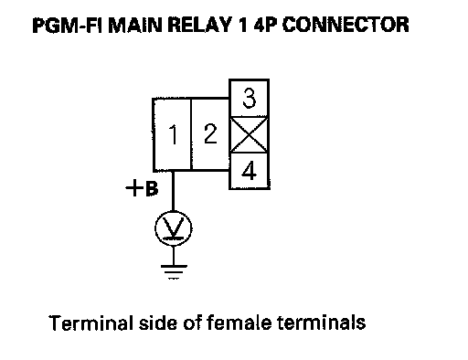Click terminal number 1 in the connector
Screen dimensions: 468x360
point(172,134)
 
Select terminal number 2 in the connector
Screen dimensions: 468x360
point(210,134)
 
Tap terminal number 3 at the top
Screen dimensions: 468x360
point(250,98)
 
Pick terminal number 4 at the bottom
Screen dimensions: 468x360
point(250,171)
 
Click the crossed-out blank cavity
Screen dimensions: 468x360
point(250,134)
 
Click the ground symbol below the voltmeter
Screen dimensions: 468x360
point(174,272)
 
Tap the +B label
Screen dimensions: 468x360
point(142,188)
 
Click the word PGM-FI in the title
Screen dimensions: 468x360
point(68,25)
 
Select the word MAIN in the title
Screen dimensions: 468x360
point(135,25)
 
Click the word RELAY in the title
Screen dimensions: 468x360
point(200,25)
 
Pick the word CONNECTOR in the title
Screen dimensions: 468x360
point(346,25)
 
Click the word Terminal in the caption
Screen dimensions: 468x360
point(91,323)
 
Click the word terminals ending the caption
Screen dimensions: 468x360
point(322,323)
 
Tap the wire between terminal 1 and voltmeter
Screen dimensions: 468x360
point(173,191)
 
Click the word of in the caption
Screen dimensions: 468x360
point(193,323)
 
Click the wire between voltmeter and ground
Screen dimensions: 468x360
point(174,256)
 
